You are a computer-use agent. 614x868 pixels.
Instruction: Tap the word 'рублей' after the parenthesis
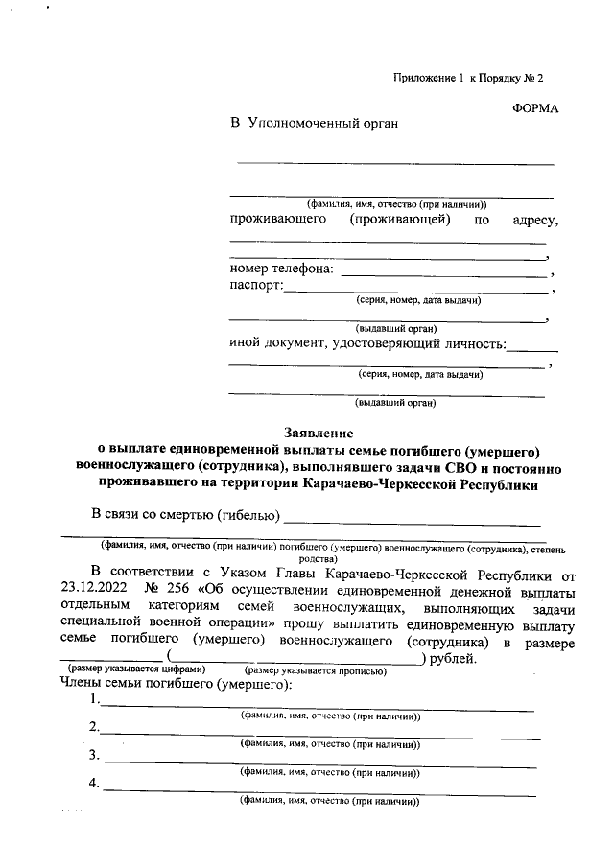click(450, 658)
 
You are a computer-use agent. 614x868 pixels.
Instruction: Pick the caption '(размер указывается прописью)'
click(316, 671)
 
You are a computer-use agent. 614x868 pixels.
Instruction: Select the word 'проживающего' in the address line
click(277, 220)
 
